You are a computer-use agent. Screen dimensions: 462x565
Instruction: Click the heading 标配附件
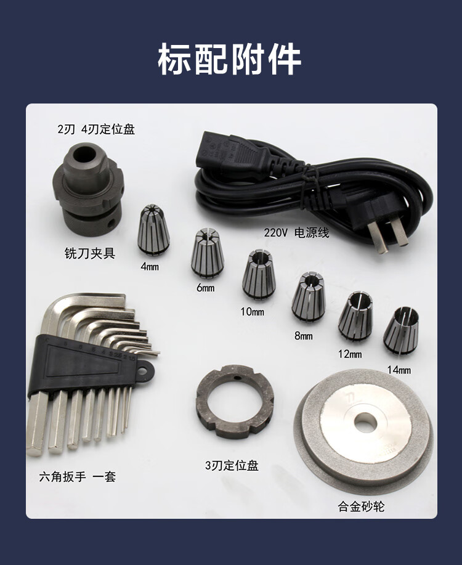point(230,59)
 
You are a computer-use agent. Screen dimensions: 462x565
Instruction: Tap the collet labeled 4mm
point(153,230)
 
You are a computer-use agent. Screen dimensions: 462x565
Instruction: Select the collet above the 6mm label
point(207,253)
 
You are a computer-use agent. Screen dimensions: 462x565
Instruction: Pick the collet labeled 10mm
point(259,275)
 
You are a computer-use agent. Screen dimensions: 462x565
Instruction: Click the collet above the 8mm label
point(309,296)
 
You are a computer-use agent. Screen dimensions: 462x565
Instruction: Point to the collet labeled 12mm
point(355,316)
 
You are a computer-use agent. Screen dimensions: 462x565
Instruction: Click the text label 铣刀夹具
point(90,253)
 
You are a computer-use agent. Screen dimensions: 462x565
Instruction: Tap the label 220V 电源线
point(296,233)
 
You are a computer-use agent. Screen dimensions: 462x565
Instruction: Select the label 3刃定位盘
point(232,465)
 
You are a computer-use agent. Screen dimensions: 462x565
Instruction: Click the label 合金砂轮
point(361,506)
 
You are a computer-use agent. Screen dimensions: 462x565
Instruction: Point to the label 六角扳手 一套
point(78,476)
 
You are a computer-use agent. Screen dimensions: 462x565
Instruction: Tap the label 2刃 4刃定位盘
point(96,129)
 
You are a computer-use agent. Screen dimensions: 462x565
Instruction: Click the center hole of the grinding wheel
point(365,422)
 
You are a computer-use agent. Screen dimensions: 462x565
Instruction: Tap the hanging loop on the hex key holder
point(144,370)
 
